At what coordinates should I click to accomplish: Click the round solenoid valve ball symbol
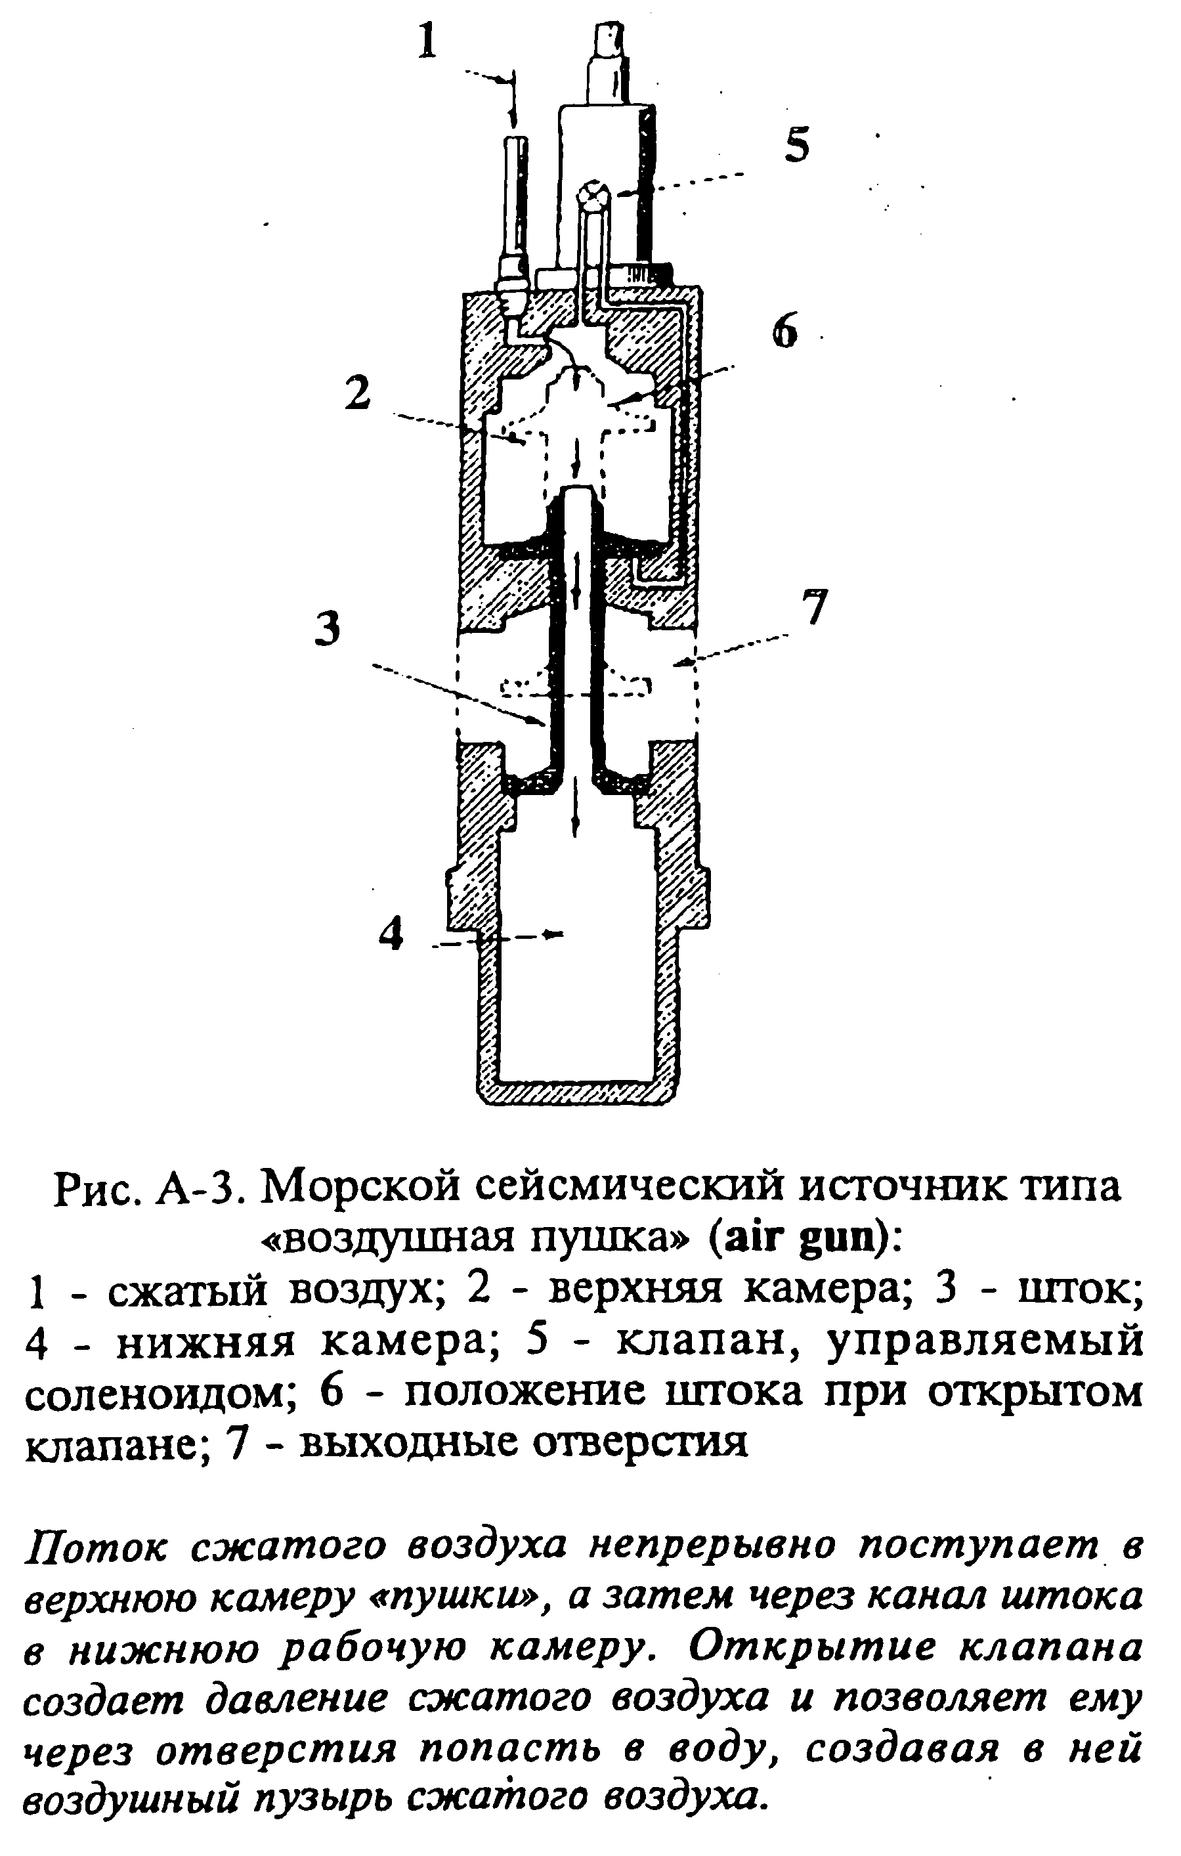coord(594,194)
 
